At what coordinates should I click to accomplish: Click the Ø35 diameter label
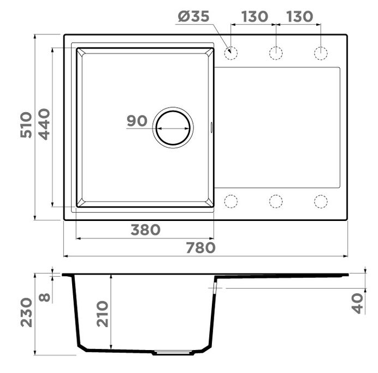point(193,16)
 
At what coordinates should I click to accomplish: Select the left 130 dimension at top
point(255,16)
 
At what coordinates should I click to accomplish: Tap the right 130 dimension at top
point(300,16)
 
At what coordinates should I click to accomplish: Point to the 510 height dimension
point(26,125)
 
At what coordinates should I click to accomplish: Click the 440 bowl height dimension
point(44,124)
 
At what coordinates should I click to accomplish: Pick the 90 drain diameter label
point(137,121)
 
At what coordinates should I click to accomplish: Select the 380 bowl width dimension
point(145,230)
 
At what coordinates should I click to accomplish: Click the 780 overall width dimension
point(200,248)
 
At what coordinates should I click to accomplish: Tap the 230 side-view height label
point(26,313)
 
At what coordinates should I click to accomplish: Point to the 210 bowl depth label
point(103,314)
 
